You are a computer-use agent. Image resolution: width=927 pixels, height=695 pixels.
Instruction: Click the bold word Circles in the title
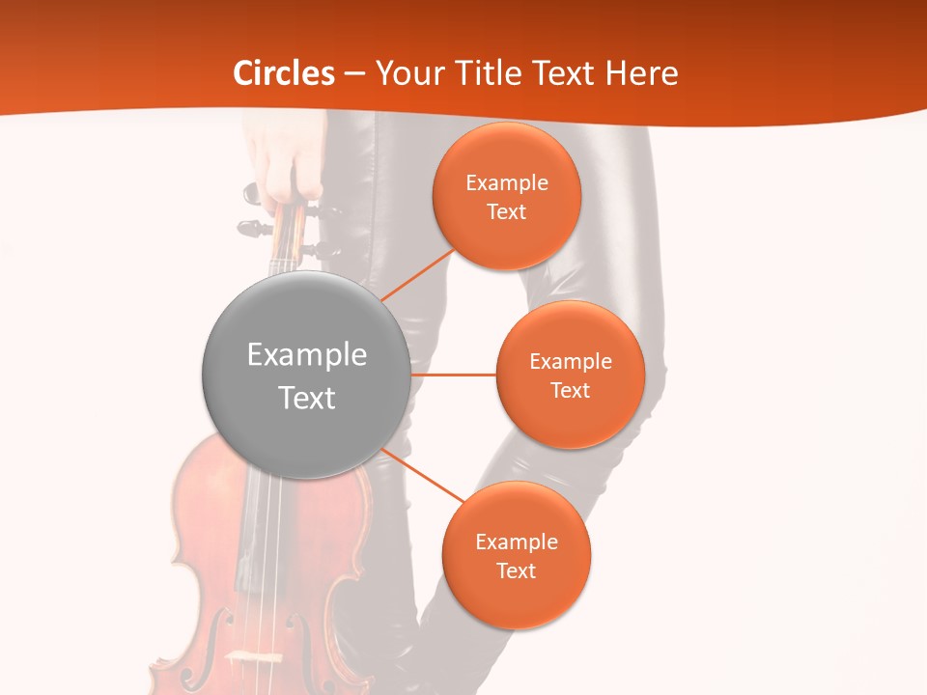284,73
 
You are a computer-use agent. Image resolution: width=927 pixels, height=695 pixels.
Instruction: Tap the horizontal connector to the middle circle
454,374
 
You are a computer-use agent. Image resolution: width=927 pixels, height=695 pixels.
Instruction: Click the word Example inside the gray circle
307,355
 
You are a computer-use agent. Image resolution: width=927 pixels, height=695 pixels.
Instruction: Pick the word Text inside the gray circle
307,398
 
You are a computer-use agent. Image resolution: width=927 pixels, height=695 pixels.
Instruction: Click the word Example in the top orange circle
506,182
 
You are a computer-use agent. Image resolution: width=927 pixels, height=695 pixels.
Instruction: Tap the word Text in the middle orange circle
570,390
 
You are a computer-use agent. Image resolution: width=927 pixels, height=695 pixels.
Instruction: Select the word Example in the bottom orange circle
516,542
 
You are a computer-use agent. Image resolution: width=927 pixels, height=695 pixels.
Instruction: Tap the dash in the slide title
354,74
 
